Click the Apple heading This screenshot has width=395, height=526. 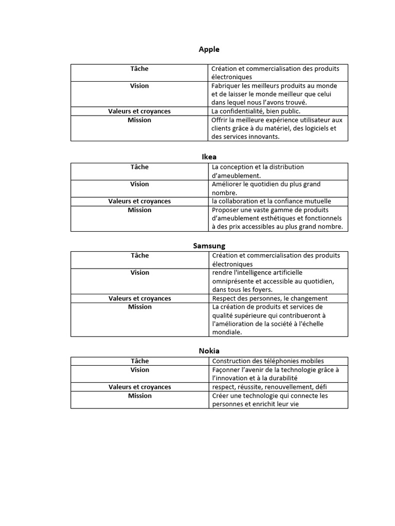click(x=209, y=49)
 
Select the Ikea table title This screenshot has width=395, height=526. click(x=209, y=157)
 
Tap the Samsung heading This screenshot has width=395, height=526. click(x=209, y=246)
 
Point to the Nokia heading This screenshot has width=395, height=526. click(x=209, y=350)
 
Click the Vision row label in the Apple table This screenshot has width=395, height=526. click(x=139, y=86)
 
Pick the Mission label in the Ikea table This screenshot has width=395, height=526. click(x=139, y=210)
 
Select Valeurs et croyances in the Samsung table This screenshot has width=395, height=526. click(x=139, y=298)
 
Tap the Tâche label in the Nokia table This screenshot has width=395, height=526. click(x=139, y=361)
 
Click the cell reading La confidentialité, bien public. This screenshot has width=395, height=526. click(x=256, y=111)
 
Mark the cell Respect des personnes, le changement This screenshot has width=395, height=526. click(x=270, y=298)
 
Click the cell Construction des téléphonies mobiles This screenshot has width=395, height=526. click(x=267, y=361)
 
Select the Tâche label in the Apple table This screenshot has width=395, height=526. click(x=139, y=68)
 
